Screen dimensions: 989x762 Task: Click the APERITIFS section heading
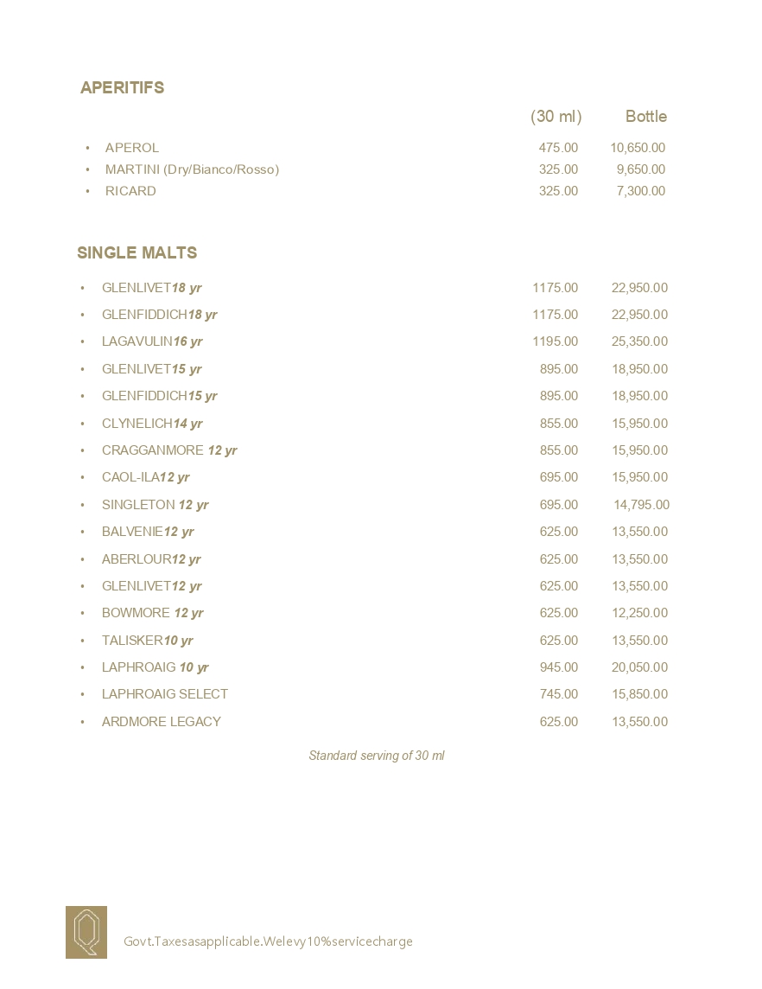(122, 87)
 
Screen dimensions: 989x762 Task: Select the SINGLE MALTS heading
(137, 252)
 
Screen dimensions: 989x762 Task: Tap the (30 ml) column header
(556, 116)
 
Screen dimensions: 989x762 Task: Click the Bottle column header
(645, 116)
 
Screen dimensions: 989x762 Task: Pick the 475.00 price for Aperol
(558, 148)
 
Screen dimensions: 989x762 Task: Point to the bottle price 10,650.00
(637, 148)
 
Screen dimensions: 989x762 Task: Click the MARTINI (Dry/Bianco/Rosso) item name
(192, 169)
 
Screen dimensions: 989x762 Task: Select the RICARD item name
(130, 191)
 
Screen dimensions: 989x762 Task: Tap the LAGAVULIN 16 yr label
(152, 341)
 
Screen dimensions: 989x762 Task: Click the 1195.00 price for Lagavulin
(555, 341)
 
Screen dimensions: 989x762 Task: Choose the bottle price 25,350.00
(639, 341)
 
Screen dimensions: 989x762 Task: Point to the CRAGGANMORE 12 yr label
(169, 450)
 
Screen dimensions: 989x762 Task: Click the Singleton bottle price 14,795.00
(641, 505)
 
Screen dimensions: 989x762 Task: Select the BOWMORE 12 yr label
(153, 613)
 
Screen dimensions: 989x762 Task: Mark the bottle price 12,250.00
(639, 613)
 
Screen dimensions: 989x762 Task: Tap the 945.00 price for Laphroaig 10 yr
(558, 667)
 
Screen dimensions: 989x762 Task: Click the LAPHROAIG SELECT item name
(165, 694)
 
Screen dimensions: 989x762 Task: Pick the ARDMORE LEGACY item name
(162, 722)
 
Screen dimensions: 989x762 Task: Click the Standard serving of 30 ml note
(377, 756)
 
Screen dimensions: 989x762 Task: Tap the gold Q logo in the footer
(86, 932)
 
